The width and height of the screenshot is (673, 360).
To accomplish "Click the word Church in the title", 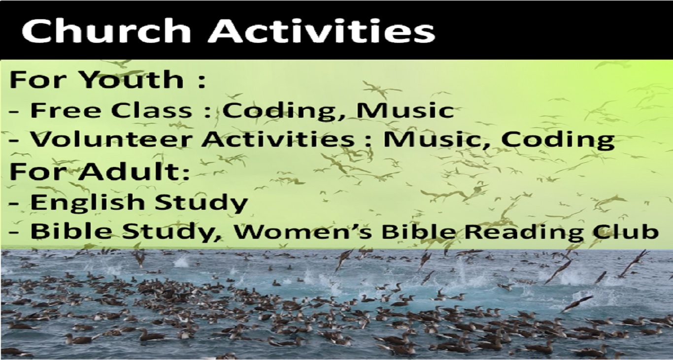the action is [106, 31].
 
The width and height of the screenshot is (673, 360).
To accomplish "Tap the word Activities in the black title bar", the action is [322, 31].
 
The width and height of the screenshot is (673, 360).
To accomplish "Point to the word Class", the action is [152, 110].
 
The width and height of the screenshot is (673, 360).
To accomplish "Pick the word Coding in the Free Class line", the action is [282, 111].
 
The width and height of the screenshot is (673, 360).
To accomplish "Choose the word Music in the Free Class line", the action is [404, 110].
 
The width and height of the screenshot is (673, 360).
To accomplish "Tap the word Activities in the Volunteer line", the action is [278, 139].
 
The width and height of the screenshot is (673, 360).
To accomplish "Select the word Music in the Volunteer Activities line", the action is [434, 140].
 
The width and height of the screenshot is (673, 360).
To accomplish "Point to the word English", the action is [87, 203].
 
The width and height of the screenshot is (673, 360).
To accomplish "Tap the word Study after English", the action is [201, 203].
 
